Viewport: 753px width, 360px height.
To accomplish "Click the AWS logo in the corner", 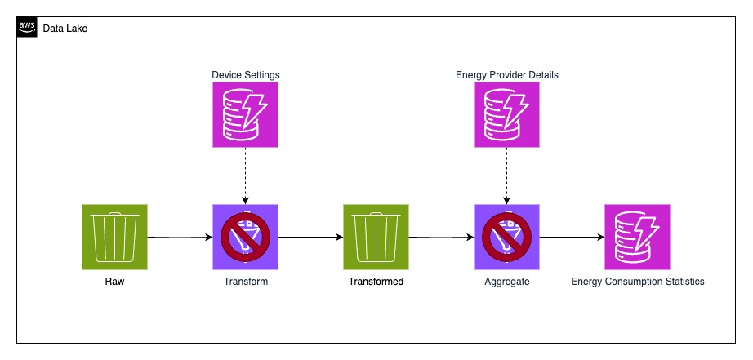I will point(27,28).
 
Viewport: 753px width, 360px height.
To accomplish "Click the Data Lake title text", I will point(65,28).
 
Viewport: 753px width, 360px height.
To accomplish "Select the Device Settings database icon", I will point(245,115).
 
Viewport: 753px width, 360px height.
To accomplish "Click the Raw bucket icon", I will point(114,237).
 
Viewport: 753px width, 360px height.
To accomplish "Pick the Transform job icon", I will point(245,237).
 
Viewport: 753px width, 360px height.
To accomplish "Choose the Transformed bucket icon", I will point(376,237).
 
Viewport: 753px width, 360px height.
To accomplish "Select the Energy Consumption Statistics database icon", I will point(637,237).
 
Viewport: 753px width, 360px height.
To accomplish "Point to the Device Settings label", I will point(245,75).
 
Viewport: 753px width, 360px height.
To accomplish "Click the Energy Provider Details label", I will point(506,75).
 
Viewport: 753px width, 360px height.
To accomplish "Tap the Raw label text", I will point(114,282).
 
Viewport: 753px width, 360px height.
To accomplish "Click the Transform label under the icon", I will point(245,282).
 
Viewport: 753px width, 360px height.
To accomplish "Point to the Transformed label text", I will point(376,282).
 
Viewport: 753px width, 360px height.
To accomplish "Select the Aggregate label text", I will point(506,282).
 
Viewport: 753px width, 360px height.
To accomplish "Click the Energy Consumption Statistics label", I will point(637,282).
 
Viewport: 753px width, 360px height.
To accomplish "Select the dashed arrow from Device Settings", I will point(245,176).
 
